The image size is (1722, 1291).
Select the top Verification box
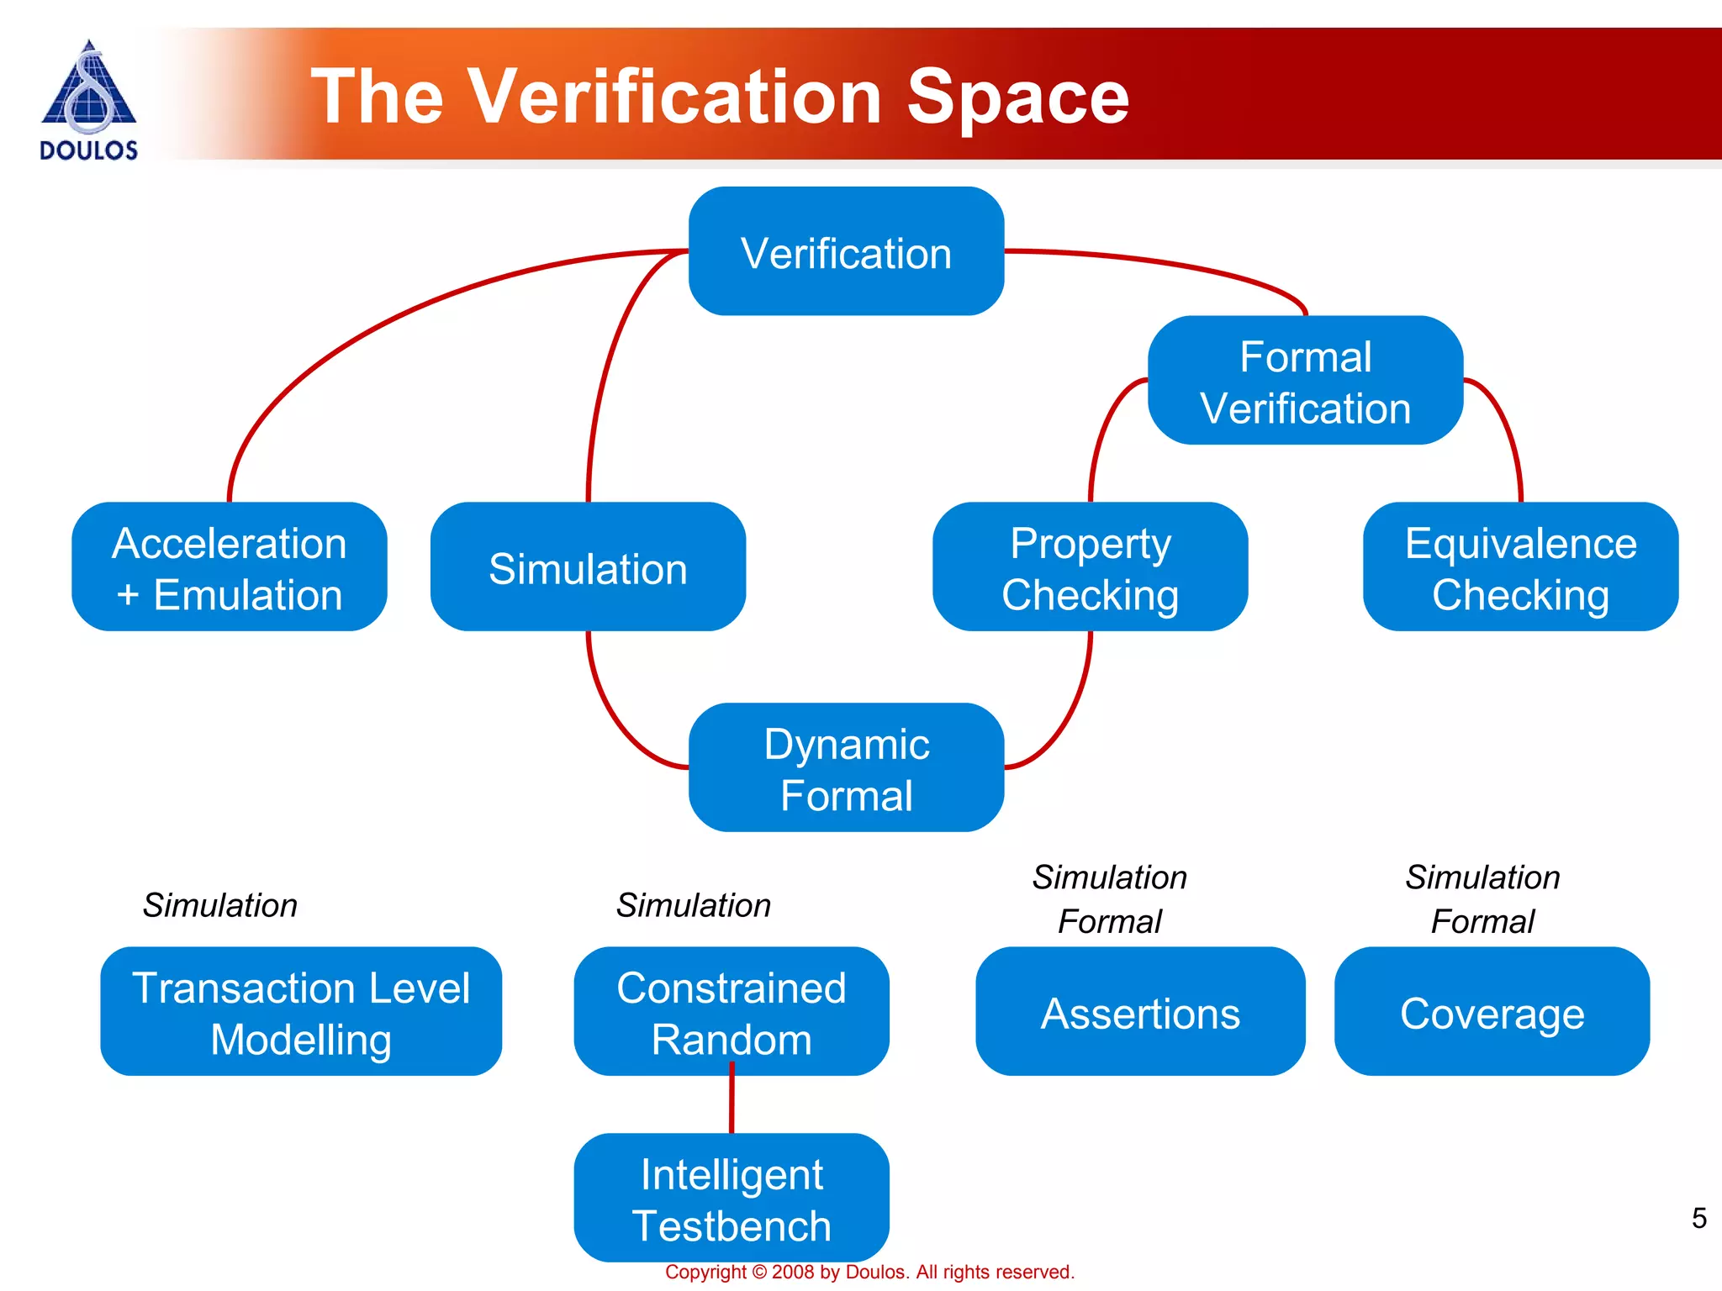pyautogui.click(x=846, y=251)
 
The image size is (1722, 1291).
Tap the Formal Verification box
pyautogui.click(x=1305, y=381)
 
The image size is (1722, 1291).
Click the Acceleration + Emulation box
pyautogui.click(x=230, y=567)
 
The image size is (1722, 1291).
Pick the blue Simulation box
pyautogui.click(x=588, y=567)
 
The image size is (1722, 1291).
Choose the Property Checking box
pyautogui.click(x=1090, y=567)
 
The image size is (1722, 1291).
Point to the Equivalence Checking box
pyautogui.click(x=1520, y=567)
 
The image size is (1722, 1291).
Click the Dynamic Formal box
pyautogui.click(x=846, y=768)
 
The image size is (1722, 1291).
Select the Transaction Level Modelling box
pyautogui.click(x=301, y=1012)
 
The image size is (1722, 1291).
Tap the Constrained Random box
pyautogui.click(x=732, y=1012)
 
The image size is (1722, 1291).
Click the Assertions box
pyautogui.click(x=1140, y=1012)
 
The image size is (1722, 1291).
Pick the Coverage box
pyautogui.click(x=1492, y=1012)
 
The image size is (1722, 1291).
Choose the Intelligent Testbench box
pyautogui.click(x=732, y=1199)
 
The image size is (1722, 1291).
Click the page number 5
pyautogui.click(x=1698, y=1218)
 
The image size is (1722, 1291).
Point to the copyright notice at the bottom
pyautogui.click(x=869, y=1273)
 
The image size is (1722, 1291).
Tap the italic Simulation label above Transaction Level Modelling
pyautogui.click(x=220, y=905)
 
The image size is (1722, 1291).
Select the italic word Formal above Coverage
pyautogui.click(x=1482, y=922)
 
